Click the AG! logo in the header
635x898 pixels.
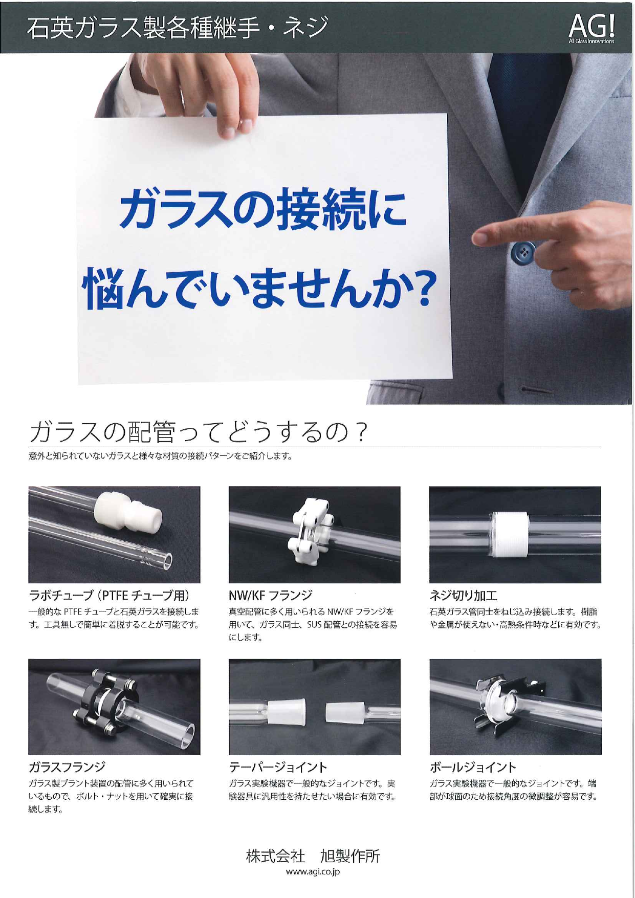point(592,28)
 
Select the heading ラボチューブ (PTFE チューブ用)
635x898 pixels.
point(110,595)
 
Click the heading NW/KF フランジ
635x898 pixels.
point(270,595)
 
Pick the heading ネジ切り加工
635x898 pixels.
point(463,595)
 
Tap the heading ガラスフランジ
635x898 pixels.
point(67,766)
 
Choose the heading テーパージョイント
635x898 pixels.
point(278,767)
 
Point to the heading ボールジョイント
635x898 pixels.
point(473,767)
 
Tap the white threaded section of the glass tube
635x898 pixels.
point(510,534)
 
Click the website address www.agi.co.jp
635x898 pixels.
point(313,872)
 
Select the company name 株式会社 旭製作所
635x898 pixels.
point(313,856)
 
